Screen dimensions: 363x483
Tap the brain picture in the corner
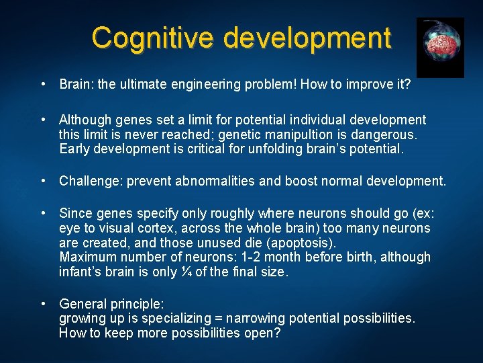pyautogui.click(x=440, y=47)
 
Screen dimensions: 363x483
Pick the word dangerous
pyautogui.click(x=382, y=134)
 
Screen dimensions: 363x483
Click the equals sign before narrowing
pyautogui.click(x=219, y=318)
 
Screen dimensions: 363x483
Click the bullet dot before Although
pyautogui.click(x=42, y=120)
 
